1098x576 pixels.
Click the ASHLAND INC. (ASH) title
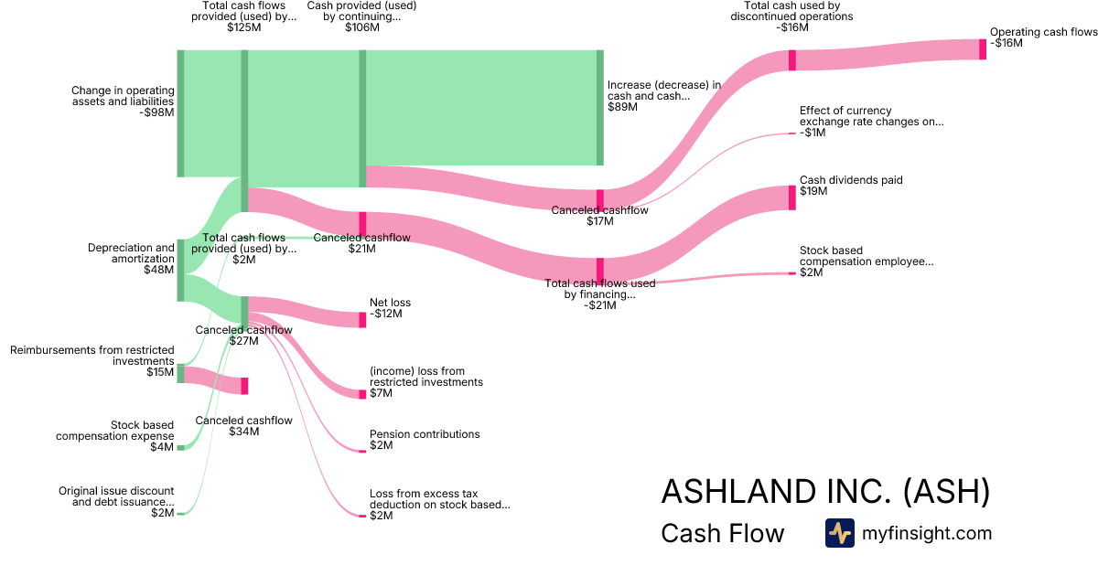point(825,491)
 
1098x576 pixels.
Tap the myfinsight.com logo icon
point(839,533)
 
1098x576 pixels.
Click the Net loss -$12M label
point(391,308)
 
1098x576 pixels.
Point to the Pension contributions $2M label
point(425,440)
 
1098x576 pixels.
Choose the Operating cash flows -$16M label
point(1043,37)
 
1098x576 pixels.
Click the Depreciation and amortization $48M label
point(131,259)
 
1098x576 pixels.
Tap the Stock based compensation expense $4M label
point(114,436)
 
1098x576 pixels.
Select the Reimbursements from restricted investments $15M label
point(91,361)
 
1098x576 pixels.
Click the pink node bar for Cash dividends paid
point(792,197)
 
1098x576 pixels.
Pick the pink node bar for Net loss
point(362,319)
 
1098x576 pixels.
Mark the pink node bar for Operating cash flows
point(983,49)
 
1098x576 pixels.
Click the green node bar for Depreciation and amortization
point(180,270)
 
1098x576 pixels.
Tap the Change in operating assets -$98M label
point(123,101)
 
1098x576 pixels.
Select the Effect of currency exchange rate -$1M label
point(871,122)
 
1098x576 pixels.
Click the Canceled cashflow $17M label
point(599,216)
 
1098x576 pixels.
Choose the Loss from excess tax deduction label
point(439,504)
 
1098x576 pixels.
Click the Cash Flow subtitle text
point(722,534)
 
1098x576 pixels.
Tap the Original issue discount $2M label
point(116,502)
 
